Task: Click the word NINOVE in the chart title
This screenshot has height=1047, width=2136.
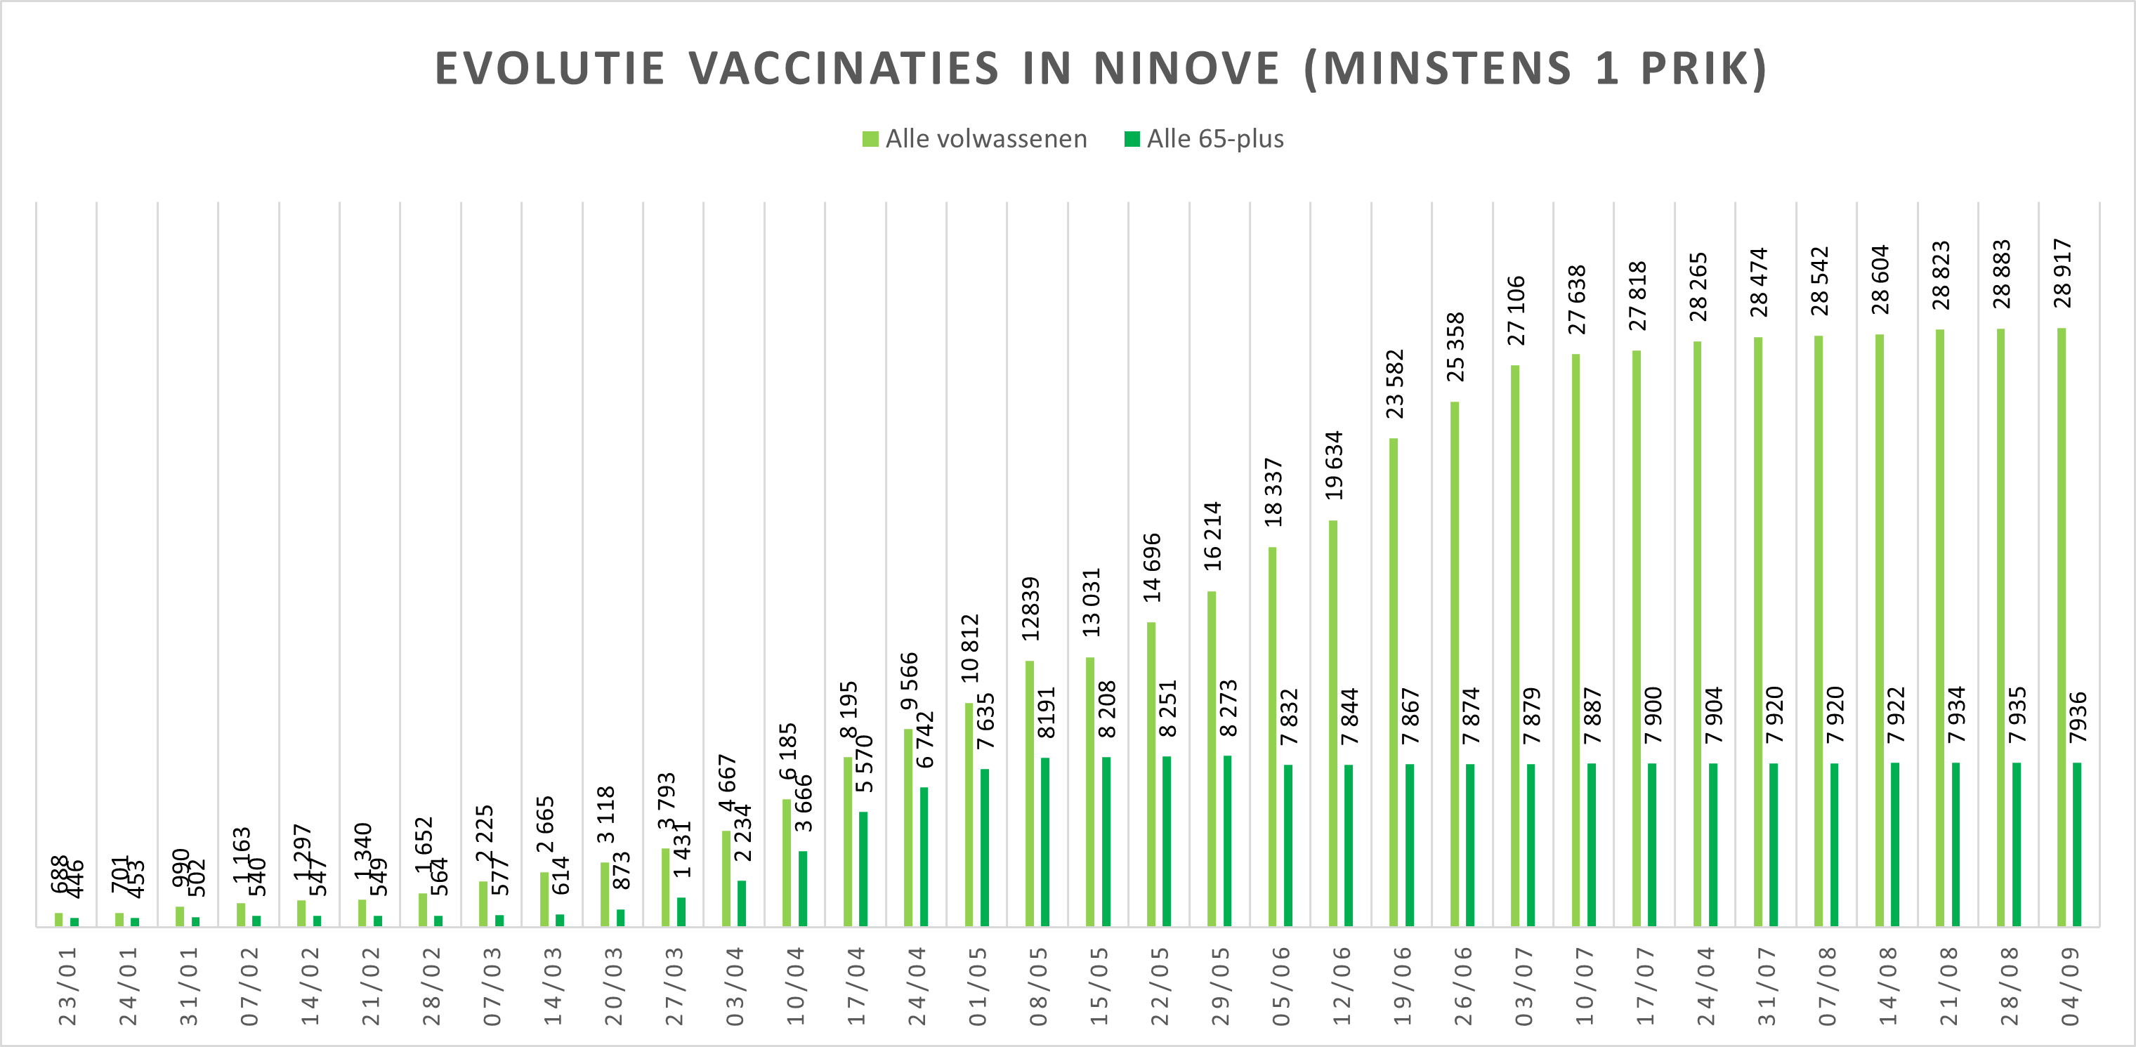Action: (x=1186, y=68)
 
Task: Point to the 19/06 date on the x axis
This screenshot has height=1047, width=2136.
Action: (x=1402, y=986)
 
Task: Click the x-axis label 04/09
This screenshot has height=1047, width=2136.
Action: (x=2070, y=986)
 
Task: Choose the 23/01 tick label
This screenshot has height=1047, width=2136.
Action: (x=67, y=986)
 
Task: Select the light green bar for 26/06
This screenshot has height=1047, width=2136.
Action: (x=1455, y=663)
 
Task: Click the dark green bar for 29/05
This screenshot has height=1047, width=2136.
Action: (x=1227, y=841)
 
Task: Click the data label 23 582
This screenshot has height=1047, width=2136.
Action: (x=1396, y=384)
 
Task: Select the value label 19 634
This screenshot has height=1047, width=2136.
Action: (x=1334, y=465)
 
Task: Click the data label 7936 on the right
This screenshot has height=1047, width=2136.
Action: (x=2078, y=717)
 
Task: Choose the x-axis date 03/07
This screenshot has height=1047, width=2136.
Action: (x=1524, y=986)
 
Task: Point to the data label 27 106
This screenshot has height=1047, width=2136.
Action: (x=1516, y=310)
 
